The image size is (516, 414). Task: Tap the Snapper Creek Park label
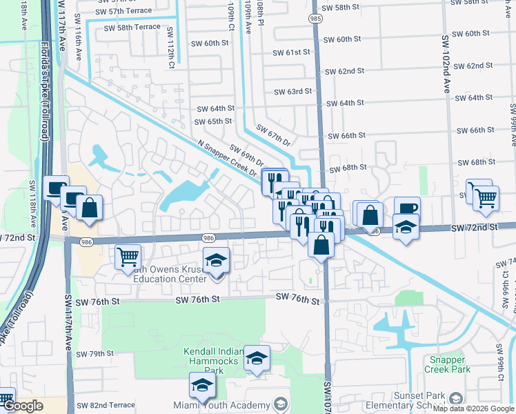point(449,364)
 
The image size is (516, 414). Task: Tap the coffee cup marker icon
point(407,208)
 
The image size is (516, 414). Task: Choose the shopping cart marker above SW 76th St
point(128,256)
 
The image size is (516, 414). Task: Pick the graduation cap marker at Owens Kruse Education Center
point(217,259)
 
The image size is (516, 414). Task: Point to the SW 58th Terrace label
point(132,27)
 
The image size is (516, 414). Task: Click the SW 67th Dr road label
point(273,135)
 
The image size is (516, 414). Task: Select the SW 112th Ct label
point(170,43)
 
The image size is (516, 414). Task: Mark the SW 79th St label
point(95,354)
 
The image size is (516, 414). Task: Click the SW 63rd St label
point(292,91)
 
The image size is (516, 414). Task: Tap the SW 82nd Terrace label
point(106,405)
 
